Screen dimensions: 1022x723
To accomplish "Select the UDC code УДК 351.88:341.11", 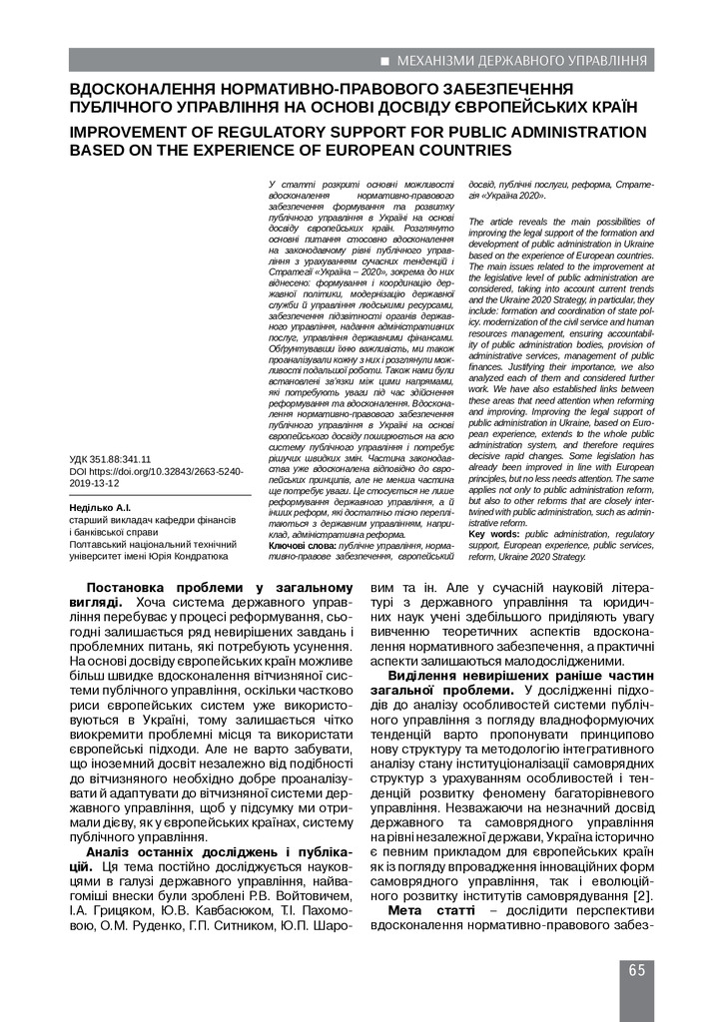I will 110,460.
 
